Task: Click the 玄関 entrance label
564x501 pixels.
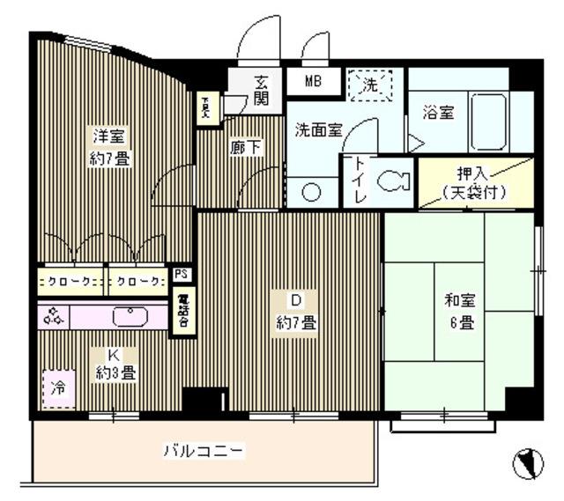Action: (x=262, y=90)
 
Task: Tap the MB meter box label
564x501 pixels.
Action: (x=314, y=82)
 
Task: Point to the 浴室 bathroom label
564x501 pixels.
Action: (x=438, y=113)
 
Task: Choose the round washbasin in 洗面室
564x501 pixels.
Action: (x=311, y=194)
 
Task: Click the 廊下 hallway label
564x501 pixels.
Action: (x=246, y=148)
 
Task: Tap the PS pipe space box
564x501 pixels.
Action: (x=181, y=274)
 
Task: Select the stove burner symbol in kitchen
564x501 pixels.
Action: (x=54, y=315)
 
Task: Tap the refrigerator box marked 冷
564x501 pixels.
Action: (x=57, y=387)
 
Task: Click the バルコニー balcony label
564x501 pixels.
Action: (x=204, y=452)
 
